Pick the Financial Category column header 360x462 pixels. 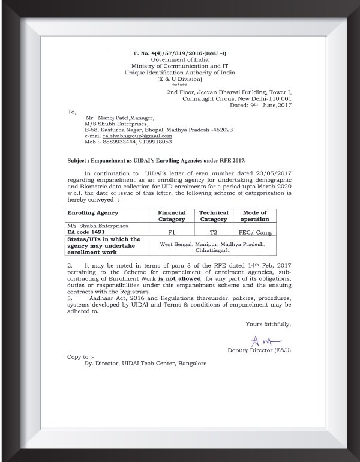point(171,215)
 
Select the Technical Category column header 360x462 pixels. point(214,215)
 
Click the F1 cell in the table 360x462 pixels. point(171,231)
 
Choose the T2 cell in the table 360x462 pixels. point(214,231)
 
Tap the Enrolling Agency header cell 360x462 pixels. point(93,213)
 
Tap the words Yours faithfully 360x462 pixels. point(268,324)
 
